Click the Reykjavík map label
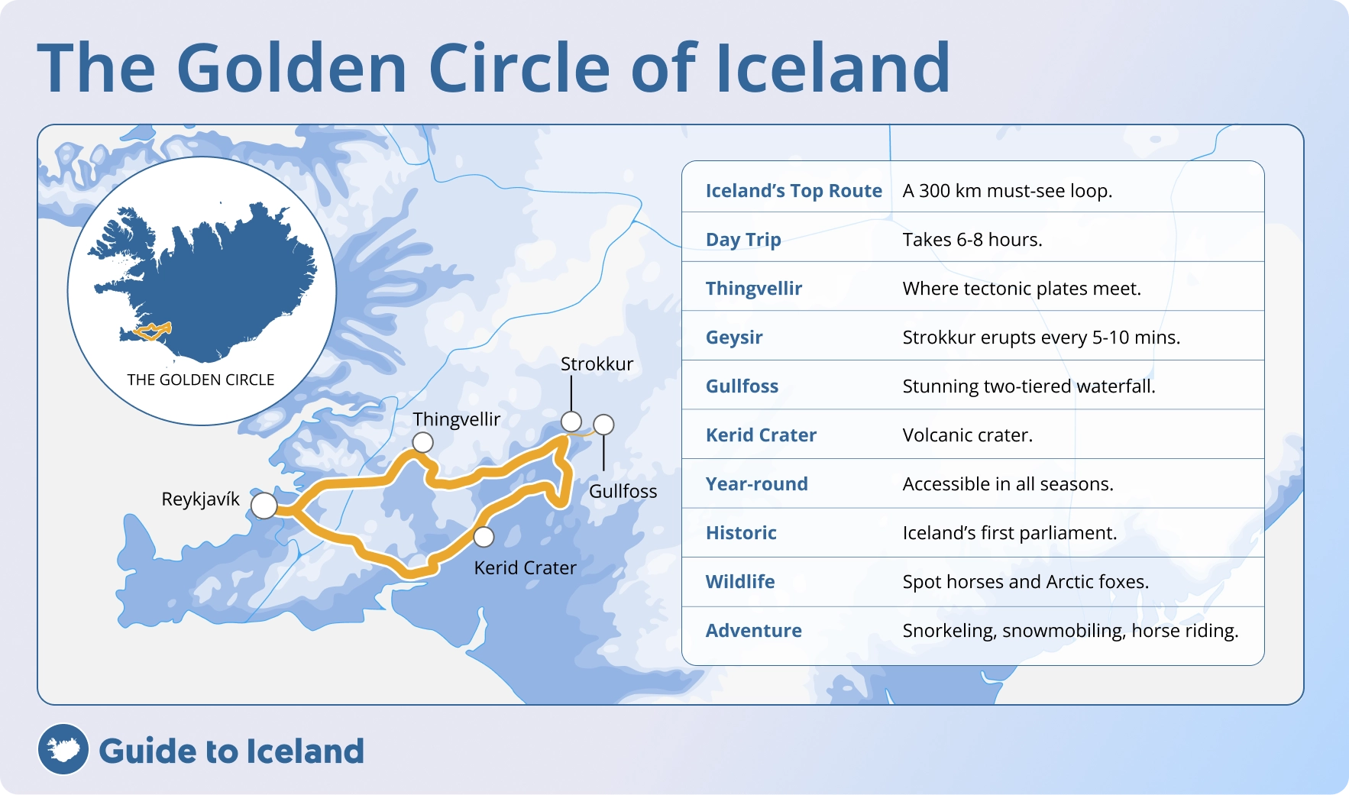pos(200,499)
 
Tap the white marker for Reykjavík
pos(264,506)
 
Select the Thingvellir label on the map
pos(456,419)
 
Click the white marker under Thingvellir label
pos(422,442)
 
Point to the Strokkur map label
pos(597,364)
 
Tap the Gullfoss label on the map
pos(623,491)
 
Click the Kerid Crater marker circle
pos(484,537)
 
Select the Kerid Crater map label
pos(525,568)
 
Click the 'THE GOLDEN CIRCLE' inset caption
pos(200,380)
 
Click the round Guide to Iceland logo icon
pos(63,749)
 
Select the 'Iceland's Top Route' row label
pos(793,191)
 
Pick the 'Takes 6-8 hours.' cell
pos(972,240)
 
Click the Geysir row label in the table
pos(733,338)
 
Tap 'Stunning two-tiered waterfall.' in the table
pos(1028,386)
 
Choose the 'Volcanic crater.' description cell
pos(967,435)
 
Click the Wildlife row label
pos(739,582)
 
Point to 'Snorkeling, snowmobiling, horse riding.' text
pos(1069,631)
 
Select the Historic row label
pos(740,533)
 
